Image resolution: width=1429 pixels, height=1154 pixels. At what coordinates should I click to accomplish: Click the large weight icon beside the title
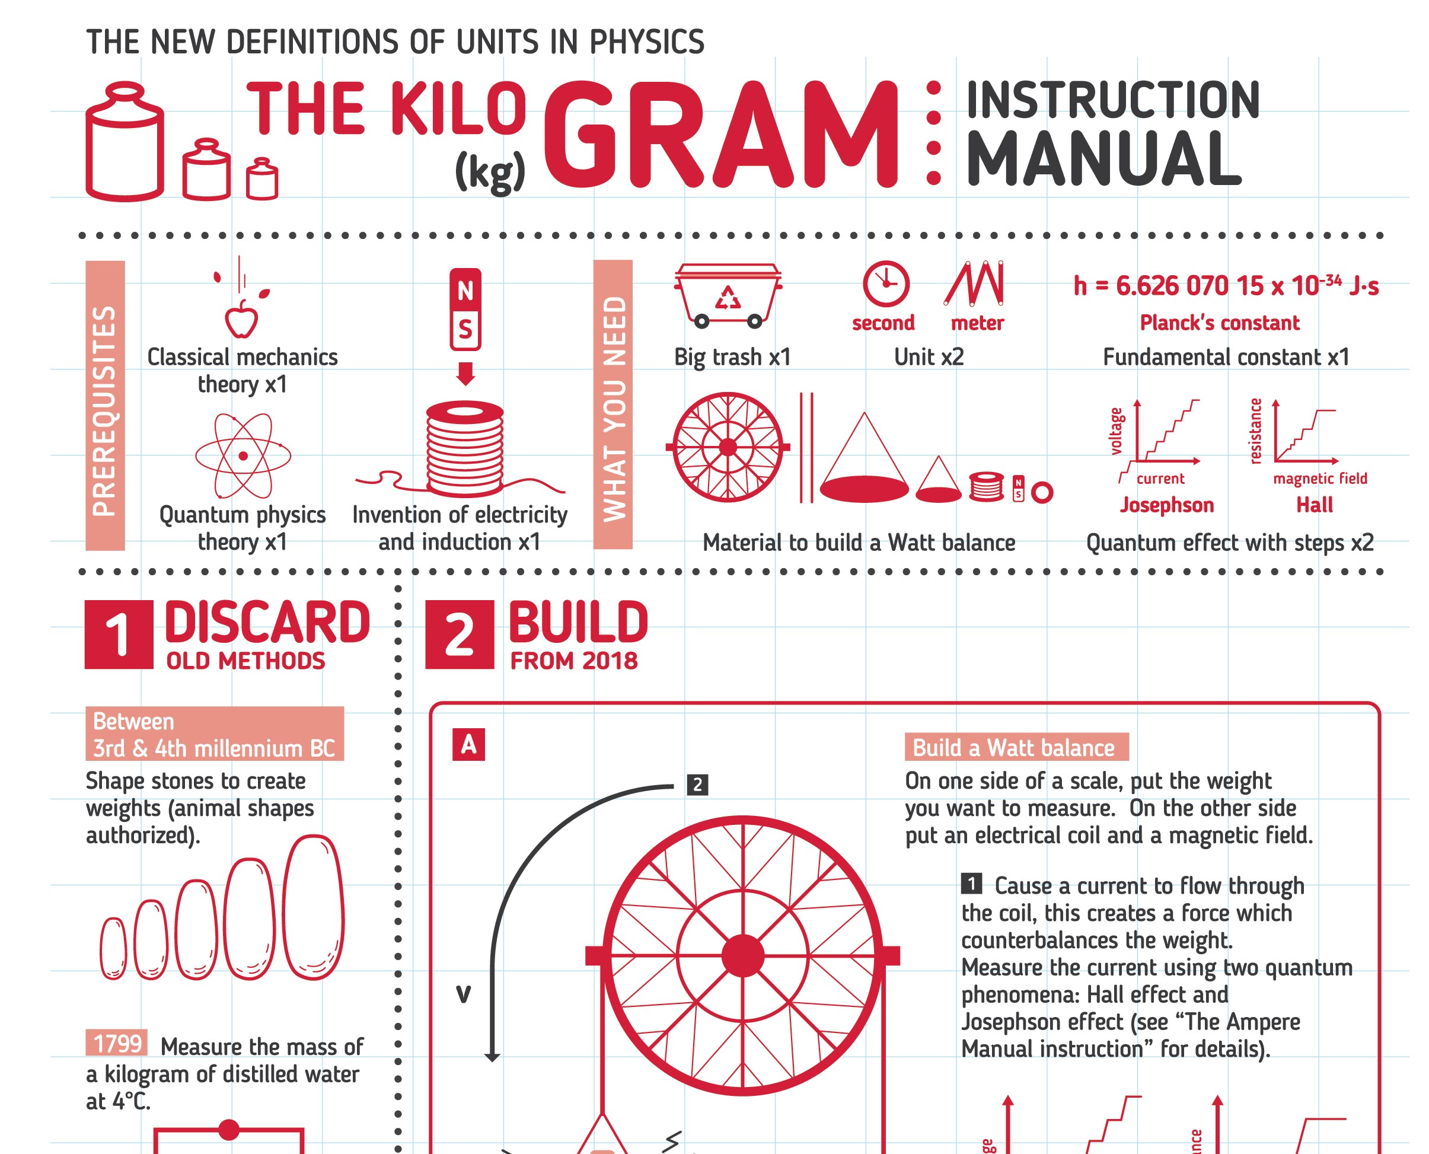click(x=125, y=141)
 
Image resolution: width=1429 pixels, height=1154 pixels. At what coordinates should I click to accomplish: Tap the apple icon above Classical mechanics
click(x=241, y=319)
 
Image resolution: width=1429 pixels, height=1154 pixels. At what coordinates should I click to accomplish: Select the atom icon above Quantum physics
click(x=243, y=455)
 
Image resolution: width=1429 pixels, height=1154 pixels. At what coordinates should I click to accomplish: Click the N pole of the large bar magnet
click(x=465, y=290)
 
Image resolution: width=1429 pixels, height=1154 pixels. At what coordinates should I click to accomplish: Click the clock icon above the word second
click(x=885, y=284)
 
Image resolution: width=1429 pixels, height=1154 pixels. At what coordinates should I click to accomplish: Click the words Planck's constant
click(x=1219, y=323)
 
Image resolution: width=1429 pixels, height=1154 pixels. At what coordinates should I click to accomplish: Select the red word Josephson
click(x=1166, y=505)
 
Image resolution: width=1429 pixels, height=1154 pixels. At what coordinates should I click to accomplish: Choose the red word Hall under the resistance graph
click(x=1314, y=505)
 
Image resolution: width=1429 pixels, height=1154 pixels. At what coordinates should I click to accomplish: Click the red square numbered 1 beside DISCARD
click(x=119, y=634)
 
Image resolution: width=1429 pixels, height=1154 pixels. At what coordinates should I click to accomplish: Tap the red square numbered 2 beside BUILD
click(x=460, y=634)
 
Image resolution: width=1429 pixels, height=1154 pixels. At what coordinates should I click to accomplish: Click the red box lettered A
click(x=468, y=744)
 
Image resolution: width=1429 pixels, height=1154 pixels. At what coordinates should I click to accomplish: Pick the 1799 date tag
click(x=117, y=1043)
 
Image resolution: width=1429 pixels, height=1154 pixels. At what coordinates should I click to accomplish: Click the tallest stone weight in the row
click(x=313, y=907)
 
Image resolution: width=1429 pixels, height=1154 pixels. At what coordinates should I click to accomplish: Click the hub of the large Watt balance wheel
click(x=742, y=955)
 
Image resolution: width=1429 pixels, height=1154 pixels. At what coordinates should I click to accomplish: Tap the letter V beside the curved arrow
click(x=463, y=994)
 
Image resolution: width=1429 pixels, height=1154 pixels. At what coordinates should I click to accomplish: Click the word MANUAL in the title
click(x=1104, y=159)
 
